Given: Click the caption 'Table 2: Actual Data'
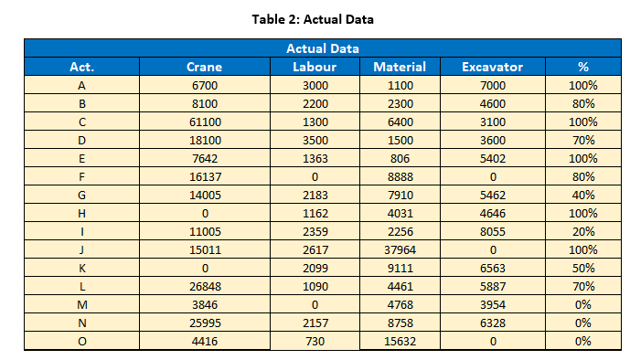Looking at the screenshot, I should click(x=315, y=19).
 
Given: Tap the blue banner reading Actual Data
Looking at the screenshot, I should click(x=322, y=48).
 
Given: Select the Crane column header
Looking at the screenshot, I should click(x=204, y=67).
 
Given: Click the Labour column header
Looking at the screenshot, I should click(x=314, y=67).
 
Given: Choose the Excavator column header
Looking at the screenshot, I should click(x=492, y=67).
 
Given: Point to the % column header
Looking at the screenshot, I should click(x=582, y=67).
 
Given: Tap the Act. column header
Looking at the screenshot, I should click(x=82, y=67).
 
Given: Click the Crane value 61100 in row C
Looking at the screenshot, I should click(x=204, y=122).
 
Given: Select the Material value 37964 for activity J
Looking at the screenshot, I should click(x=400, y=249).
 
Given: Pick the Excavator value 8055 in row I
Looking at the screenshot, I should click(x=492, y=231).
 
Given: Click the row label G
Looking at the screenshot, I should click(x=82, y=195).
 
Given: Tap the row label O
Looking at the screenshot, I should click(x=82, y=341).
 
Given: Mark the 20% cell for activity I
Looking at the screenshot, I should click(x=582, y=231).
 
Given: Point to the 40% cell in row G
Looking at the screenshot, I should click(x=582, y=195).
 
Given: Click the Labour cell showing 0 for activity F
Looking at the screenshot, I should click(x=314, y=176).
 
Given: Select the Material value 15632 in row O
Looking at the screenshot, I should click(x=400, y=341).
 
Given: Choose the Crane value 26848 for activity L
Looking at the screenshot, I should click(x=204, y=286).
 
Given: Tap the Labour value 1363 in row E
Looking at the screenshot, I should click(x=314, y=158).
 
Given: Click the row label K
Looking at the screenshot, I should click(x=82, y=268).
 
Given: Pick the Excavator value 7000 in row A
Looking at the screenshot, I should click(x=492, y=85).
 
